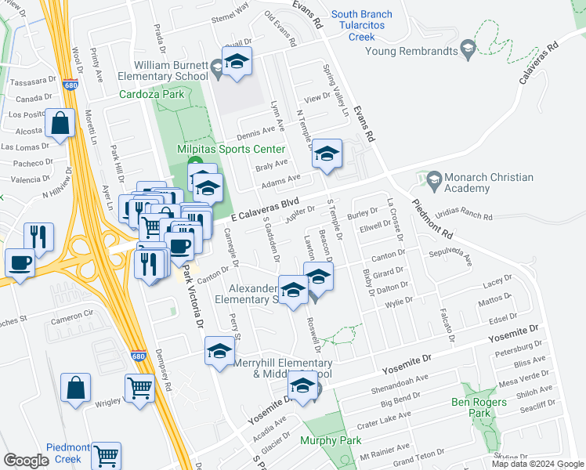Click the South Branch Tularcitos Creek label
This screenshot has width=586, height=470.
(371, 25)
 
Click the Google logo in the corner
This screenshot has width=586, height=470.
(26, 460)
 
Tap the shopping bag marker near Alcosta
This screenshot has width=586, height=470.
(60, 124)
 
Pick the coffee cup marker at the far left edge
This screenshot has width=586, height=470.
(20, 263)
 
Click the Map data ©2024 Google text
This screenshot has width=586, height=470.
(537, 463)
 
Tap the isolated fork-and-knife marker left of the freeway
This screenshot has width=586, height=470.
(38, 237)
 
